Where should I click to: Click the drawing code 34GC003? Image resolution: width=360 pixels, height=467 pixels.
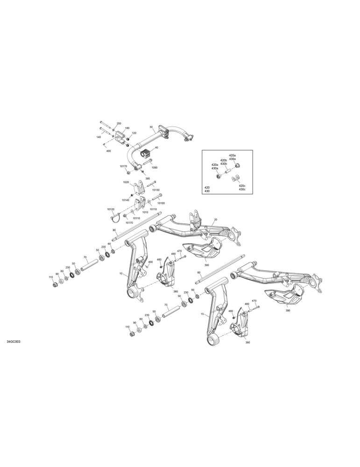14,341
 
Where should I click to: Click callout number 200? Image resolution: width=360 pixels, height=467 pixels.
119,123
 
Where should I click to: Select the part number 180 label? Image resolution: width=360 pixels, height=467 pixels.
127,128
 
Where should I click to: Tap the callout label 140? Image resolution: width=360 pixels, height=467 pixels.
99,137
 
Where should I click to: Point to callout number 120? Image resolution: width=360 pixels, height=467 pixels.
134,133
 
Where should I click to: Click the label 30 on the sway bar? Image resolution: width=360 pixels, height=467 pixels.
151,127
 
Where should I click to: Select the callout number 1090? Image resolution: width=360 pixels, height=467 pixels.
154,168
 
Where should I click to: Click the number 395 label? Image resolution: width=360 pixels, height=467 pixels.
148,178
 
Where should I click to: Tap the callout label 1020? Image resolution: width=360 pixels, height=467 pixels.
126,182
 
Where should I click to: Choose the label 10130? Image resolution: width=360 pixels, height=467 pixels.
156,190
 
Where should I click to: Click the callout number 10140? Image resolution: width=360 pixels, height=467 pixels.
125,200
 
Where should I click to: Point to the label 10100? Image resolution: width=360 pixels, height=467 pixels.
161,203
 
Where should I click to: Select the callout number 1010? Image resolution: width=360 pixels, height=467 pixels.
145,212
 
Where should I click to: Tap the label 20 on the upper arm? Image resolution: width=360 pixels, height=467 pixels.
216,219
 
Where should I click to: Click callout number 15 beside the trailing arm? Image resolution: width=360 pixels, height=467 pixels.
203,314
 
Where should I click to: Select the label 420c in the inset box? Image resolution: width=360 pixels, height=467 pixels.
242,185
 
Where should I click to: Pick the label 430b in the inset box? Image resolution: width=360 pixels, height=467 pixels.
224,164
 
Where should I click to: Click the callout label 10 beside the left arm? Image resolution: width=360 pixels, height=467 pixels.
120,273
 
